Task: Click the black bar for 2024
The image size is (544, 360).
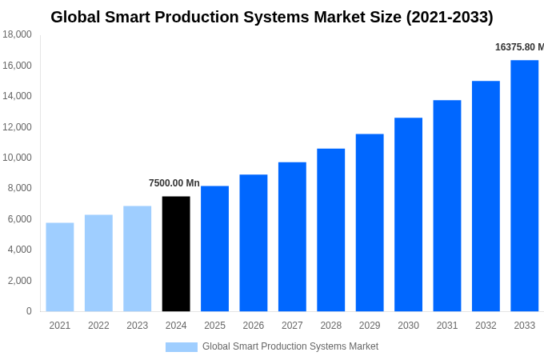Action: [176, 254]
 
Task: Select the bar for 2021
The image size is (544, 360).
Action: [60, 267]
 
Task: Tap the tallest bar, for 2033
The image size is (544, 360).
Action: [524, 186]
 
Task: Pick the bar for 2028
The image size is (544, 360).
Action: [330, 230]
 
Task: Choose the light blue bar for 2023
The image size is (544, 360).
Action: [137, 258]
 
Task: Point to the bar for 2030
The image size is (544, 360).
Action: [408, 214]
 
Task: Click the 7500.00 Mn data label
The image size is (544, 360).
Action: [174, 183]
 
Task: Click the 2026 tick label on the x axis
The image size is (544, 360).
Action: [254, 326]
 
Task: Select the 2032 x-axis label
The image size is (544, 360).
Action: [486, 326]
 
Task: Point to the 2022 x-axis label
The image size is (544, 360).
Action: [98, 326]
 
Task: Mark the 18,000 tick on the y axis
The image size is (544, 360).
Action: [17, 34]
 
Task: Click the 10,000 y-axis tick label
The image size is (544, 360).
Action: [17, 158]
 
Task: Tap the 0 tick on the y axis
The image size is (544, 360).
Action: [29, 311]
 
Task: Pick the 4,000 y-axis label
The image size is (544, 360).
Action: [19, 250]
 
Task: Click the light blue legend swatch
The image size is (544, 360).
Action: [182, 347]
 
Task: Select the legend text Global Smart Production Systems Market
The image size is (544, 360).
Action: [290, 346]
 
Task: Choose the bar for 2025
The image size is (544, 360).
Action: [214, 249]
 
